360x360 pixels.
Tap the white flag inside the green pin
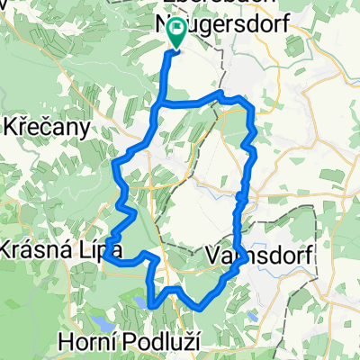tap(176, 33)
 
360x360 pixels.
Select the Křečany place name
tap(47, 127)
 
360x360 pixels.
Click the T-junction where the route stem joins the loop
tap(162, 104)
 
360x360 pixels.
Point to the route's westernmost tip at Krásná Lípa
tap(104, 256)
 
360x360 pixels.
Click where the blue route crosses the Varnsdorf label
tap(236, 252)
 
